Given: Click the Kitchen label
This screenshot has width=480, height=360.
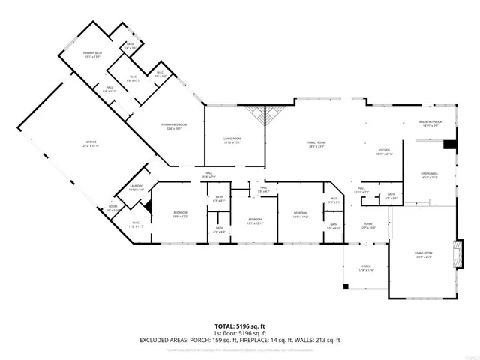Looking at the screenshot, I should coord(384,151).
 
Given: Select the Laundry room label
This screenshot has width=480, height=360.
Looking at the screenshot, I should coord(136,187).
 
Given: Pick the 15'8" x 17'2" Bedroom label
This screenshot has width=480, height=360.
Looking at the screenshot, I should coord(180,214).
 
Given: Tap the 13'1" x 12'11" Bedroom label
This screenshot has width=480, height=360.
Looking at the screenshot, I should coord(255,220).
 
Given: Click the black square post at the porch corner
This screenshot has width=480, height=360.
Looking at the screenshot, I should coord(344,286).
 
